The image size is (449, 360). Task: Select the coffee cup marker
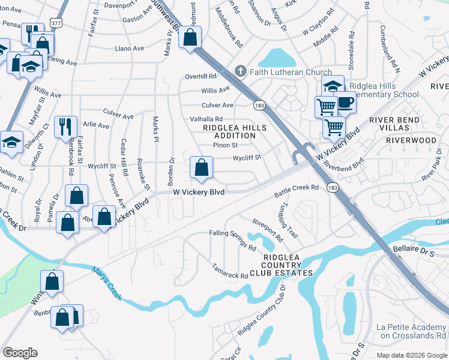[x=345, y=102]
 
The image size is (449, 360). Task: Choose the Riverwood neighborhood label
[x=411, y=140]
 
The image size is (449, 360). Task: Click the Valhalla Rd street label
[x=206, y=119]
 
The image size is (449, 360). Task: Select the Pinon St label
[x=226, y=145]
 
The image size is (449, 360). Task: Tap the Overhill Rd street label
[x=200, y=76]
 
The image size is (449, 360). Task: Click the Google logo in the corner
[x=20, y=352]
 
